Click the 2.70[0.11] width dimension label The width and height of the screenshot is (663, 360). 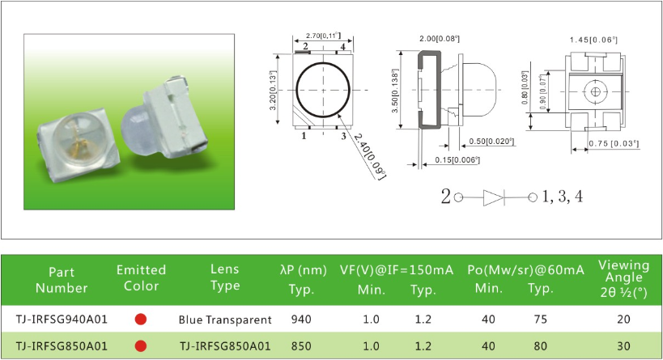pyautogui.click(x=323, y=36)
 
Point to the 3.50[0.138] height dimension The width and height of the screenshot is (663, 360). pyautogui.click(x=395, y=91)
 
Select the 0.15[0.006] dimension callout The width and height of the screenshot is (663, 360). pyautogui.click(x=457, y=159)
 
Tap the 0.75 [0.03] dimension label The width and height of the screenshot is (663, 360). pyautogui.click(x=614, y=144)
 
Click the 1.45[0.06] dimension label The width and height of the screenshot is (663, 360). pyautogui.click(x=593, y=40)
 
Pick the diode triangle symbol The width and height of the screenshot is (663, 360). pyautogui.click(x=494, y=197)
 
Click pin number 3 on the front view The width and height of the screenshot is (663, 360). pyautogui.click(x=343, y=136)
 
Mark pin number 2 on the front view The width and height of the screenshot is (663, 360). pyautogui.click(x=305, y=46)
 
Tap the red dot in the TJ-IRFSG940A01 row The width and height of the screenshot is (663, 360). pyautogui.click(x=141, y=319)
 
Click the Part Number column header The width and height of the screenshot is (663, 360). pyautogui.click(x=62, y=280)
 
